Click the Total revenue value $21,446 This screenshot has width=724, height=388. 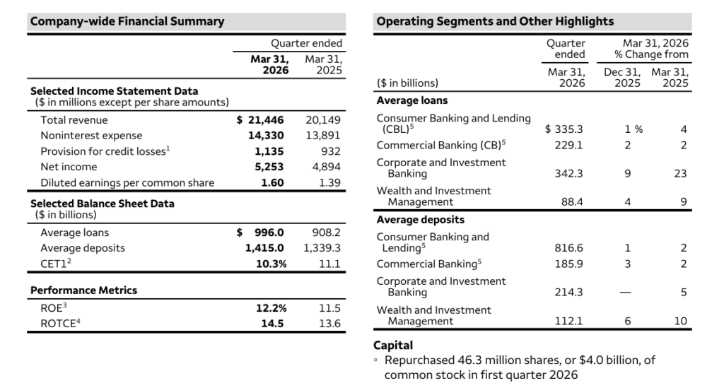tap(262, 120)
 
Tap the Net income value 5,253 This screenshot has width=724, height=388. tap(269, 167)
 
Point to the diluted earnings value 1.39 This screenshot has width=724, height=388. tap(329, 182)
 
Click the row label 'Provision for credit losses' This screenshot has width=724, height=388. tap(105, 151)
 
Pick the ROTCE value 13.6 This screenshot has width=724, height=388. tap(329, 324)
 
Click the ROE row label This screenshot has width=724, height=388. tap(52, 308)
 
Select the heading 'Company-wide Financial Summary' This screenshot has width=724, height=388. tap(127, 21)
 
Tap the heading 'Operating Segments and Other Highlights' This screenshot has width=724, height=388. tap(495, 21)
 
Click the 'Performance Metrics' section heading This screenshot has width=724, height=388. tap(83, 290)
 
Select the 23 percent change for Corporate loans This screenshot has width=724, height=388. tap(680, 173)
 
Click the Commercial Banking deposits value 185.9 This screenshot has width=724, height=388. tap(571, 264)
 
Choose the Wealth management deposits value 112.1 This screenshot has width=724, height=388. tap(571, 322)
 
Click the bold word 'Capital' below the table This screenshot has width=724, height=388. tap(393, 346)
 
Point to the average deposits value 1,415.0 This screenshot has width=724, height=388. tap(264, 248)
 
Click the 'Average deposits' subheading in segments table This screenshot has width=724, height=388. tap(420, 220)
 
